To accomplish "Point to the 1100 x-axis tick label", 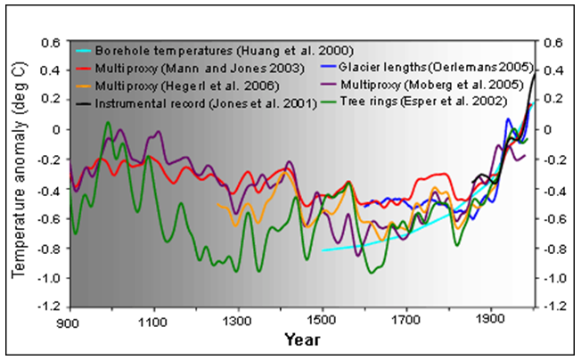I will tap(153, 319).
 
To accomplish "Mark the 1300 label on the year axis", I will tap(238, 319).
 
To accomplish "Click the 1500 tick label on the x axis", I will tap(323, 319).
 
